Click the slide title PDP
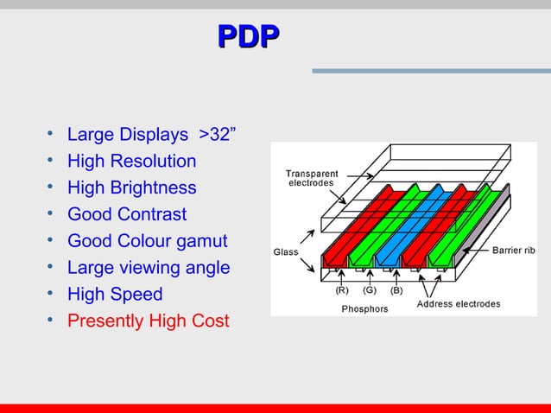(248, 35)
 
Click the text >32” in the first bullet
(218, 134)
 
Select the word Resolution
(156, 161)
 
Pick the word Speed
(138, 295)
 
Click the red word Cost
(211, 321)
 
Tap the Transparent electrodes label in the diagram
(312, 179)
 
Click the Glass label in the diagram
(285, 252)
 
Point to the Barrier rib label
(514, 251)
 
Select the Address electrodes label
(459, 304)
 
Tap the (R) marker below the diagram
(343, 291)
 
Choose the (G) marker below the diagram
(370, 291)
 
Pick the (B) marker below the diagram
(396, 291)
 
